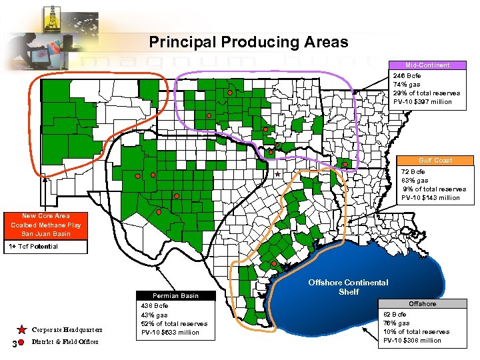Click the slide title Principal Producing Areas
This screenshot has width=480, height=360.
click(248, 43)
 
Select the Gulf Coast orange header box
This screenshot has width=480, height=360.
click(435, 160)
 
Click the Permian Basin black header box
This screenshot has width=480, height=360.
click(175, 295)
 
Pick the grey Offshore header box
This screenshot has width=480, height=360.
click(422, 304)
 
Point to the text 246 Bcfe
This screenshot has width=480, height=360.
click(407, 75)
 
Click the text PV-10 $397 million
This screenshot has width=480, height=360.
click(422, 102)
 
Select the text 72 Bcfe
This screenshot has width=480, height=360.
click(413, 171)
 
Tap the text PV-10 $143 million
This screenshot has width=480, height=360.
click(430, 198)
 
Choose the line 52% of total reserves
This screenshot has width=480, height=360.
click(174, 324)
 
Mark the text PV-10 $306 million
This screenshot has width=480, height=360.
click(412, 341)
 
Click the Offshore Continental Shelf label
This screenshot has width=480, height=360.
click(348, 287)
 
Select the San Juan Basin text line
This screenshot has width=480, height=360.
click(45, 234)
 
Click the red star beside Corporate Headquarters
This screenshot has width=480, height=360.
click(21, 329)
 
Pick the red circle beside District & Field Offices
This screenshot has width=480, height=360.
click(21, 343)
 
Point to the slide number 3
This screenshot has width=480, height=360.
click(7, 343)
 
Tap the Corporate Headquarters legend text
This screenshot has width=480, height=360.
click(67, 330)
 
